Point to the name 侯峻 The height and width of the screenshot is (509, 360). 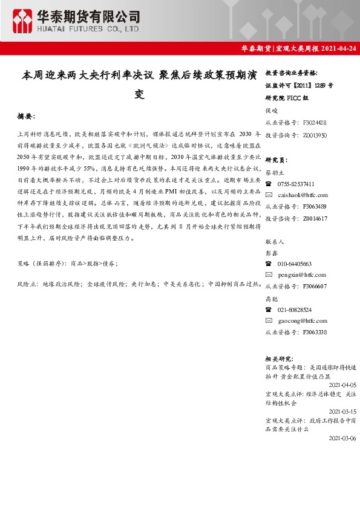tap(271, 110)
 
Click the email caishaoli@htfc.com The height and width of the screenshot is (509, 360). tap(303, 195)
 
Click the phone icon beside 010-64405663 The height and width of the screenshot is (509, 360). tap(269, 264)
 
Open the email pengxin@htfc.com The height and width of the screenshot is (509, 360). tap(301, 275)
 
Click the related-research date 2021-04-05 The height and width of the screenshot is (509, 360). tap(342, 384)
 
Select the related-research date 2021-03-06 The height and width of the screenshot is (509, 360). tap(342, 438)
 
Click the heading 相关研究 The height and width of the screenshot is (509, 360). tap(279, 358)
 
